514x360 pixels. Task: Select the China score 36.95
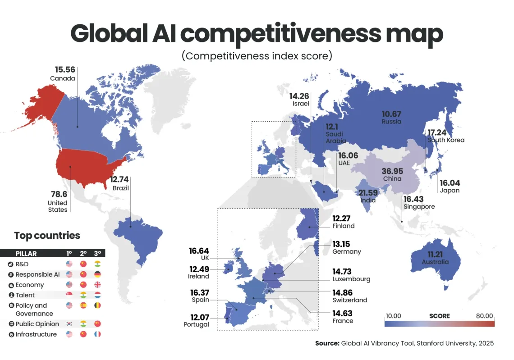tap(392, 171)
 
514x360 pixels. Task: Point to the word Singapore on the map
tap(419, 206)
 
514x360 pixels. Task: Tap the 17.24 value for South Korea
tap(437, 132)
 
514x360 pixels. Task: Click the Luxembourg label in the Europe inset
tap(351, 279)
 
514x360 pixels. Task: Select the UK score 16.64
tap(199, 251)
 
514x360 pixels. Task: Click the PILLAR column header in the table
tap(26, 254)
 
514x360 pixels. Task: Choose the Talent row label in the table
tap(25, 295)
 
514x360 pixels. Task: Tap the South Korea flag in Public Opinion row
tap(69, 324)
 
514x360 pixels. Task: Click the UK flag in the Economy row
tap(97, 285)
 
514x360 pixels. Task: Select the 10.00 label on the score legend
tap(394, 315)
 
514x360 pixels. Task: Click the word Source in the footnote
tap(326, 343)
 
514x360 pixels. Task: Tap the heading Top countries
tap(47, 236)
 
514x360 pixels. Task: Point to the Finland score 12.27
tap(343, 218)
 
